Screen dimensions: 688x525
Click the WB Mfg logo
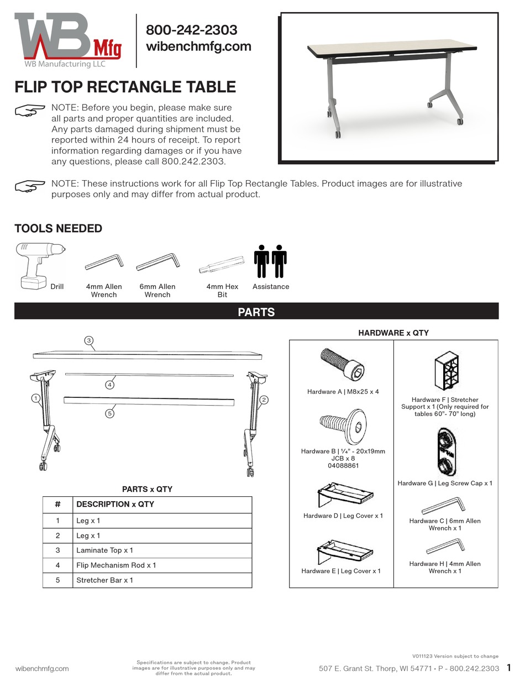pyautogui.click(x=67, y=40)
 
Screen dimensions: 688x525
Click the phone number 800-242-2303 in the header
pyautogui.click(x=191, y=30)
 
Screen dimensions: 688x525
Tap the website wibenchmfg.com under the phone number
pyautogui.click(x=198, y=46)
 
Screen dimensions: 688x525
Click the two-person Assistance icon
pyautogui.click(x=270, y=261)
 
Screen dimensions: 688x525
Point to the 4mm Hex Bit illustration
pyautogui.click(x=222, y=266)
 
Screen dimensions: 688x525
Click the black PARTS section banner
pyautogui.click(x=256, y=312)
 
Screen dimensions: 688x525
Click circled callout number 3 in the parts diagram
pyautogui.click(x=88, y=340)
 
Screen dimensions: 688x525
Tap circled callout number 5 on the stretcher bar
pyautogui.click(x=110, y=413)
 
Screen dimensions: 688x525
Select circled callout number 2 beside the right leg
pyautogui.click(x=264, y=400)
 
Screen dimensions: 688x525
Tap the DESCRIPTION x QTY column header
pyautogui.click(x=115, y=504)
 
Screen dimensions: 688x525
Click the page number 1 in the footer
pyautogui.click(x=509, y=668)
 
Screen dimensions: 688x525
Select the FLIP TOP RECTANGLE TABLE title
pyautogui.click(x=125, y=87)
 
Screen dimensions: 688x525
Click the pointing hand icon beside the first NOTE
pyautogui.click(x=30, y=111)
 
